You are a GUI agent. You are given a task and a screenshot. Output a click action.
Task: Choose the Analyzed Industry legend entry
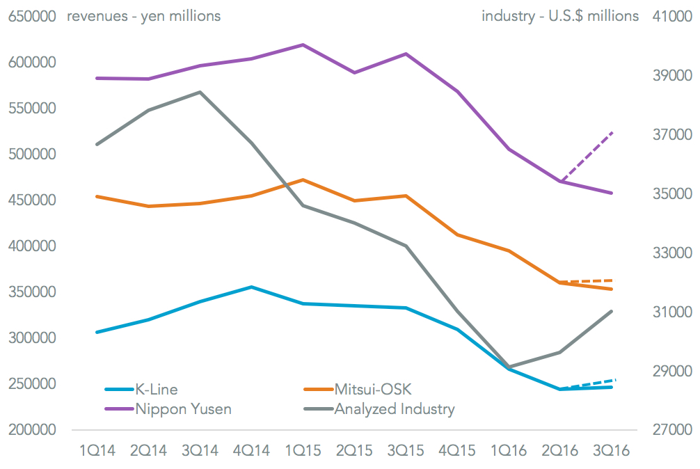click(394, 408)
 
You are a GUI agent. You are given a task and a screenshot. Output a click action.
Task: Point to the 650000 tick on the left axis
click(31, 16)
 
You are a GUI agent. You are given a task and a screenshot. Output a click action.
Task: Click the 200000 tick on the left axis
click(31, 430)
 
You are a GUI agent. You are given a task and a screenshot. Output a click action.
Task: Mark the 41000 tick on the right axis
click(669, 16)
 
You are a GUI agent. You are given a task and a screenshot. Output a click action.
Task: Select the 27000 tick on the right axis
click(669, 430)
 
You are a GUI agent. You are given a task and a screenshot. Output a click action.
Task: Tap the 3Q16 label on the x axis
click(611, 450)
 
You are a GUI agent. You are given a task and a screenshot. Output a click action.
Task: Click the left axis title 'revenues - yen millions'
click(143, 15)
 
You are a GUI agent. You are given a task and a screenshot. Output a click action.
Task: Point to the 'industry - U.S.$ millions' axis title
click(560, 15)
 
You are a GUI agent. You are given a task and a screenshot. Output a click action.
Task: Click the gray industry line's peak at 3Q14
click(200, 92)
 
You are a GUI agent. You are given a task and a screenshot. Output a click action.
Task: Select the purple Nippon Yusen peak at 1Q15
click(303, 45)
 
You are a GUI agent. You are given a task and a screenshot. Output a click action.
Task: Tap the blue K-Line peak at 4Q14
click(251, 287)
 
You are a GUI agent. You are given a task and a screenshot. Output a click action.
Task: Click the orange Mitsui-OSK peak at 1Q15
click(303, 180)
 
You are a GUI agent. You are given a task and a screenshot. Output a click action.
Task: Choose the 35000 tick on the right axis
click(669, 193)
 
